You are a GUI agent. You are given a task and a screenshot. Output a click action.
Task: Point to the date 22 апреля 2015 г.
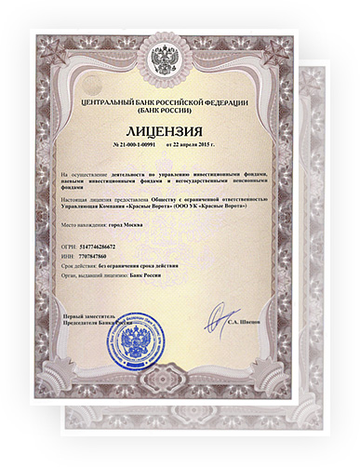pyautogui.click(x=195, y=147)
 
